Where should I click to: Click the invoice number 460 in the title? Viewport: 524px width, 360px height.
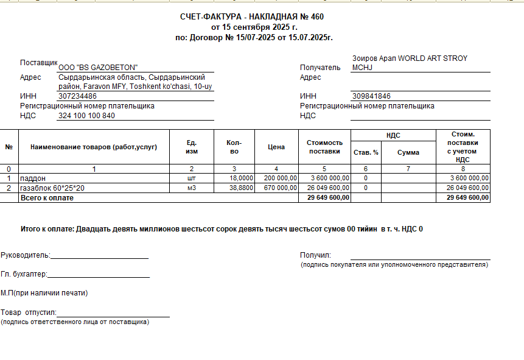[317, 17]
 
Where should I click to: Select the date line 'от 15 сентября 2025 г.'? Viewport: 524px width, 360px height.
[254, 27]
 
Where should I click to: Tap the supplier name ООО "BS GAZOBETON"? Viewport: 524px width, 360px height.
[98, 68]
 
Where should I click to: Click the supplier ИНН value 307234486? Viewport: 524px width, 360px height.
[77, 96]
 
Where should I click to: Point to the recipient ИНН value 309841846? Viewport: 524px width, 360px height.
[371, 96]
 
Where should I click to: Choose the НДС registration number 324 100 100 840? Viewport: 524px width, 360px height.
[86, 116]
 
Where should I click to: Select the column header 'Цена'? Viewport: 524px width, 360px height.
[276, 147]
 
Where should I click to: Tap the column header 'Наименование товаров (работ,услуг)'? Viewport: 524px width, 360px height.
[94, 147]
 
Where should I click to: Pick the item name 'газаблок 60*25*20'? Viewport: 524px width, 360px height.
[52, 188]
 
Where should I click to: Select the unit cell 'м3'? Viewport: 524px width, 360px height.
[191, 188]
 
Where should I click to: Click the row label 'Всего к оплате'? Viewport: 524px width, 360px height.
[47, 198]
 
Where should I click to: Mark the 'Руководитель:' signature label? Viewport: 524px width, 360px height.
[26, 255]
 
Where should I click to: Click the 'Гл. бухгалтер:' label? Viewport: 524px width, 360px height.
[24, 275]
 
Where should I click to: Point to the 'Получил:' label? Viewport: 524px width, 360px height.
[315, 255]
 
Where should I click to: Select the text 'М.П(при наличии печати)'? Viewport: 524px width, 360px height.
[44, 293]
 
